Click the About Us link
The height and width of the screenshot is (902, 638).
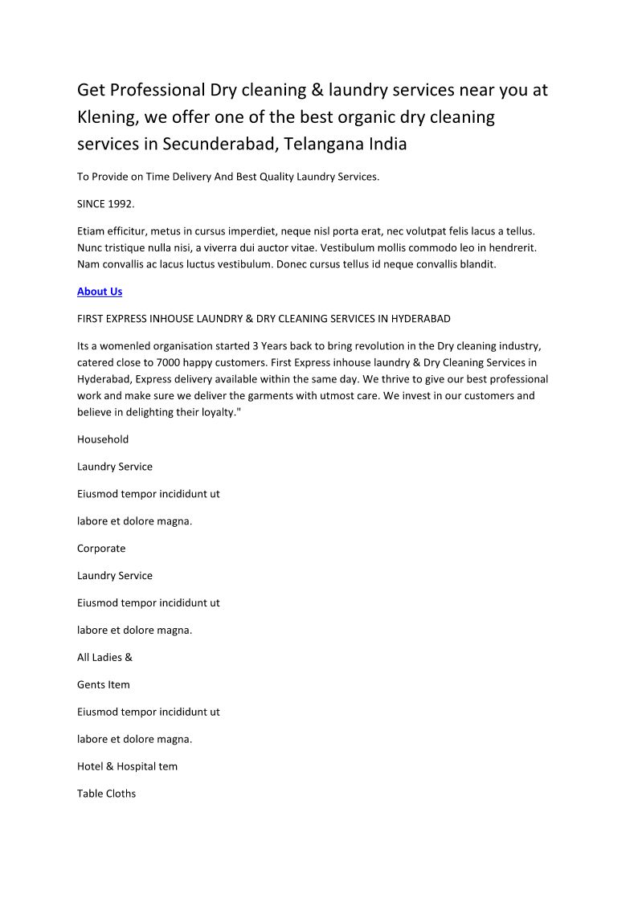(100, 292)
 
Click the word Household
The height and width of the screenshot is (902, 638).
(103, 439)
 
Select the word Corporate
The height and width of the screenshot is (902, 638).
(101, 549)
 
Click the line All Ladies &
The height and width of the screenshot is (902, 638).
(104, 657)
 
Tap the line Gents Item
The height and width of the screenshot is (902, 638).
(103, 684)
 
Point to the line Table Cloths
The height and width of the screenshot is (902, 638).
(106, 794)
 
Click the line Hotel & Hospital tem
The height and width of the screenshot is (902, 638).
(127, 766)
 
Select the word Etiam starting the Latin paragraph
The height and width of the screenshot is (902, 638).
(91, 231)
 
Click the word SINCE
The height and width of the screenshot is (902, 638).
(92, 204)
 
